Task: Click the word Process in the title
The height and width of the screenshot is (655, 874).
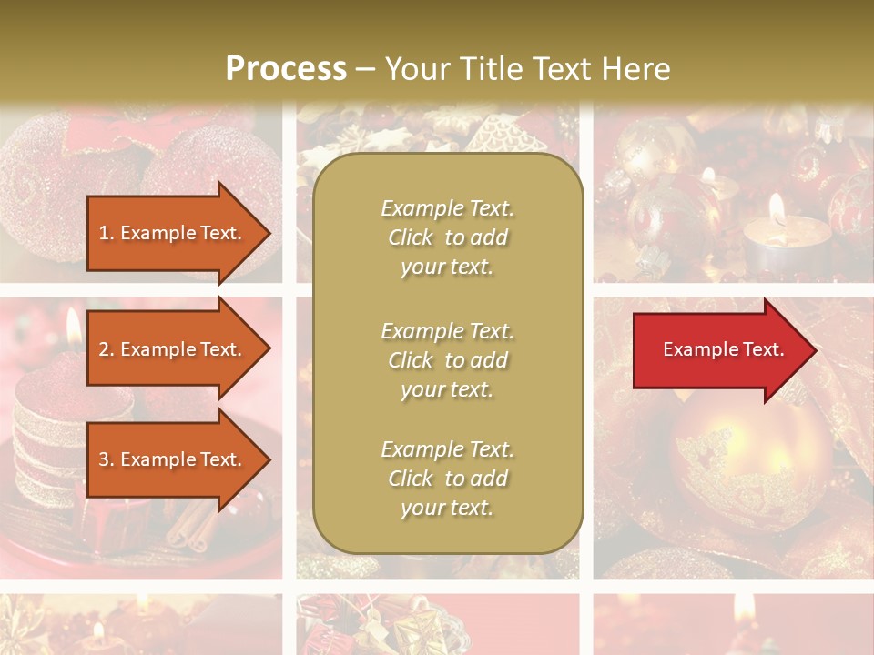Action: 286,68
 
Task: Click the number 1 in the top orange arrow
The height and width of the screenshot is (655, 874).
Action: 103,233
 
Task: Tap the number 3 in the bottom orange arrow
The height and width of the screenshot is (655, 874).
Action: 103,459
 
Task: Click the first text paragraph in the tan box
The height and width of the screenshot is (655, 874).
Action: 447,237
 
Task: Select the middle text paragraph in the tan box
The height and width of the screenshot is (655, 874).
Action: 447,360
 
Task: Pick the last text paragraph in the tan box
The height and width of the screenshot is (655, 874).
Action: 447,479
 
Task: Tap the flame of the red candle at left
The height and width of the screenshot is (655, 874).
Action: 73,323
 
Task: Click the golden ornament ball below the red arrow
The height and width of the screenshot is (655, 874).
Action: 747,464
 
